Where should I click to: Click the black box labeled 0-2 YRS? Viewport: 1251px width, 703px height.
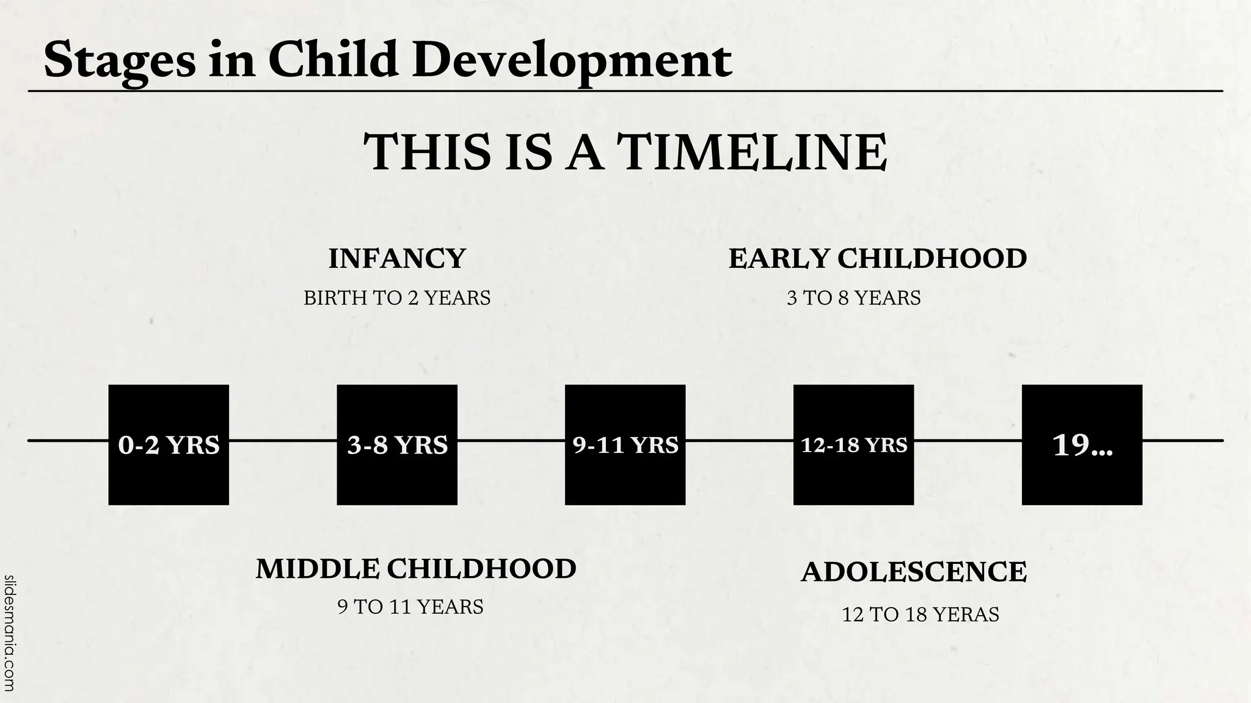169,445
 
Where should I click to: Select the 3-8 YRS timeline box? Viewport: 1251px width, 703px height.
397,445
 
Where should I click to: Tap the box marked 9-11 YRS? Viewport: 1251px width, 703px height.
625,445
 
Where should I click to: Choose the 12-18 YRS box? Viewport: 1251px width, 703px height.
853,445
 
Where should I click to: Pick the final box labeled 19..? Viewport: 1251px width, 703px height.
1082,445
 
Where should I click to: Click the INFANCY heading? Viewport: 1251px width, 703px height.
397,258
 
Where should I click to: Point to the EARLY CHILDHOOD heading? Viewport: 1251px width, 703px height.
877,258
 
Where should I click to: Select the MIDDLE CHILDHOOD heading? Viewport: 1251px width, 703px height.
416,568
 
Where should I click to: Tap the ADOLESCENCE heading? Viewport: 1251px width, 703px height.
914,572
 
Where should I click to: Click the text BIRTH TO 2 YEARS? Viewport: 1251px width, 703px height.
397,298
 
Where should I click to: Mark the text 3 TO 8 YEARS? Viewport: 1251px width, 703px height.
853,298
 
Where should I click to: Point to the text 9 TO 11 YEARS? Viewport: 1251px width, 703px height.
410,607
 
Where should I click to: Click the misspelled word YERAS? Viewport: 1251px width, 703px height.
968,614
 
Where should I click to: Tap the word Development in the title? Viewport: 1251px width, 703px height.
572,61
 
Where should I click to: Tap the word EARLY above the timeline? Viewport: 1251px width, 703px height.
778,258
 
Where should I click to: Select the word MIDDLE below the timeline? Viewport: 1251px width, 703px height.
317,568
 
